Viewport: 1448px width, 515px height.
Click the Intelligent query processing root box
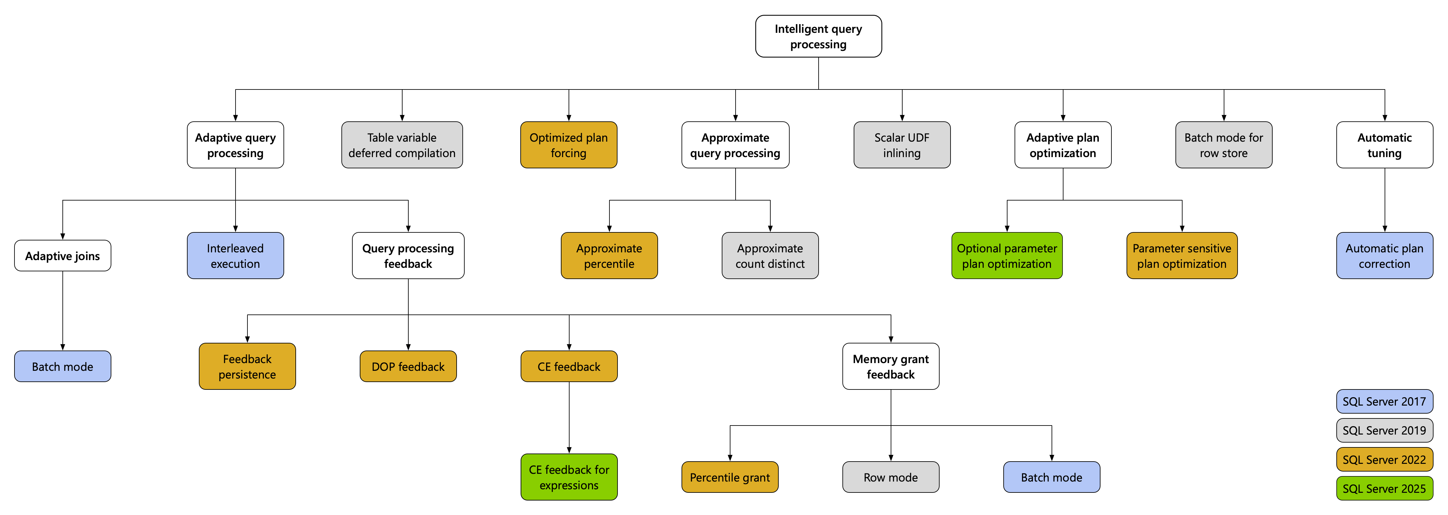(x=818, y=37)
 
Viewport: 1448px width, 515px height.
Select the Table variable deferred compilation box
(x=402, y=145)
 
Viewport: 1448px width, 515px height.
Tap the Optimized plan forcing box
(x=568, y=145)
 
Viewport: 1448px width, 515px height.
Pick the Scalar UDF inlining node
(x=902, y=145)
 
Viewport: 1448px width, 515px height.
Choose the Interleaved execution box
(x=235, y=256)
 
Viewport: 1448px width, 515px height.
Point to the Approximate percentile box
(x=609, y=256)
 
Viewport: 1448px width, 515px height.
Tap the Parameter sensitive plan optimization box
(x=1182, y=256)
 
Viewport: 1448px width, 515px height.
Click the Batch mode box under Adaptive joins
(x=62, y=367)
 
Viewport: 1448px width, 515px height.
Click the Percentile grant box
(x=729, y=477)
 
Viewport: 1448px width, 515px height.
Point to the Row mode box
(x=890, y=477)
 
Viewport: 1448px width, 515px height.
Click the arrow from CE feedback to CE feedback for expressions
(x=569, y=418)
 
